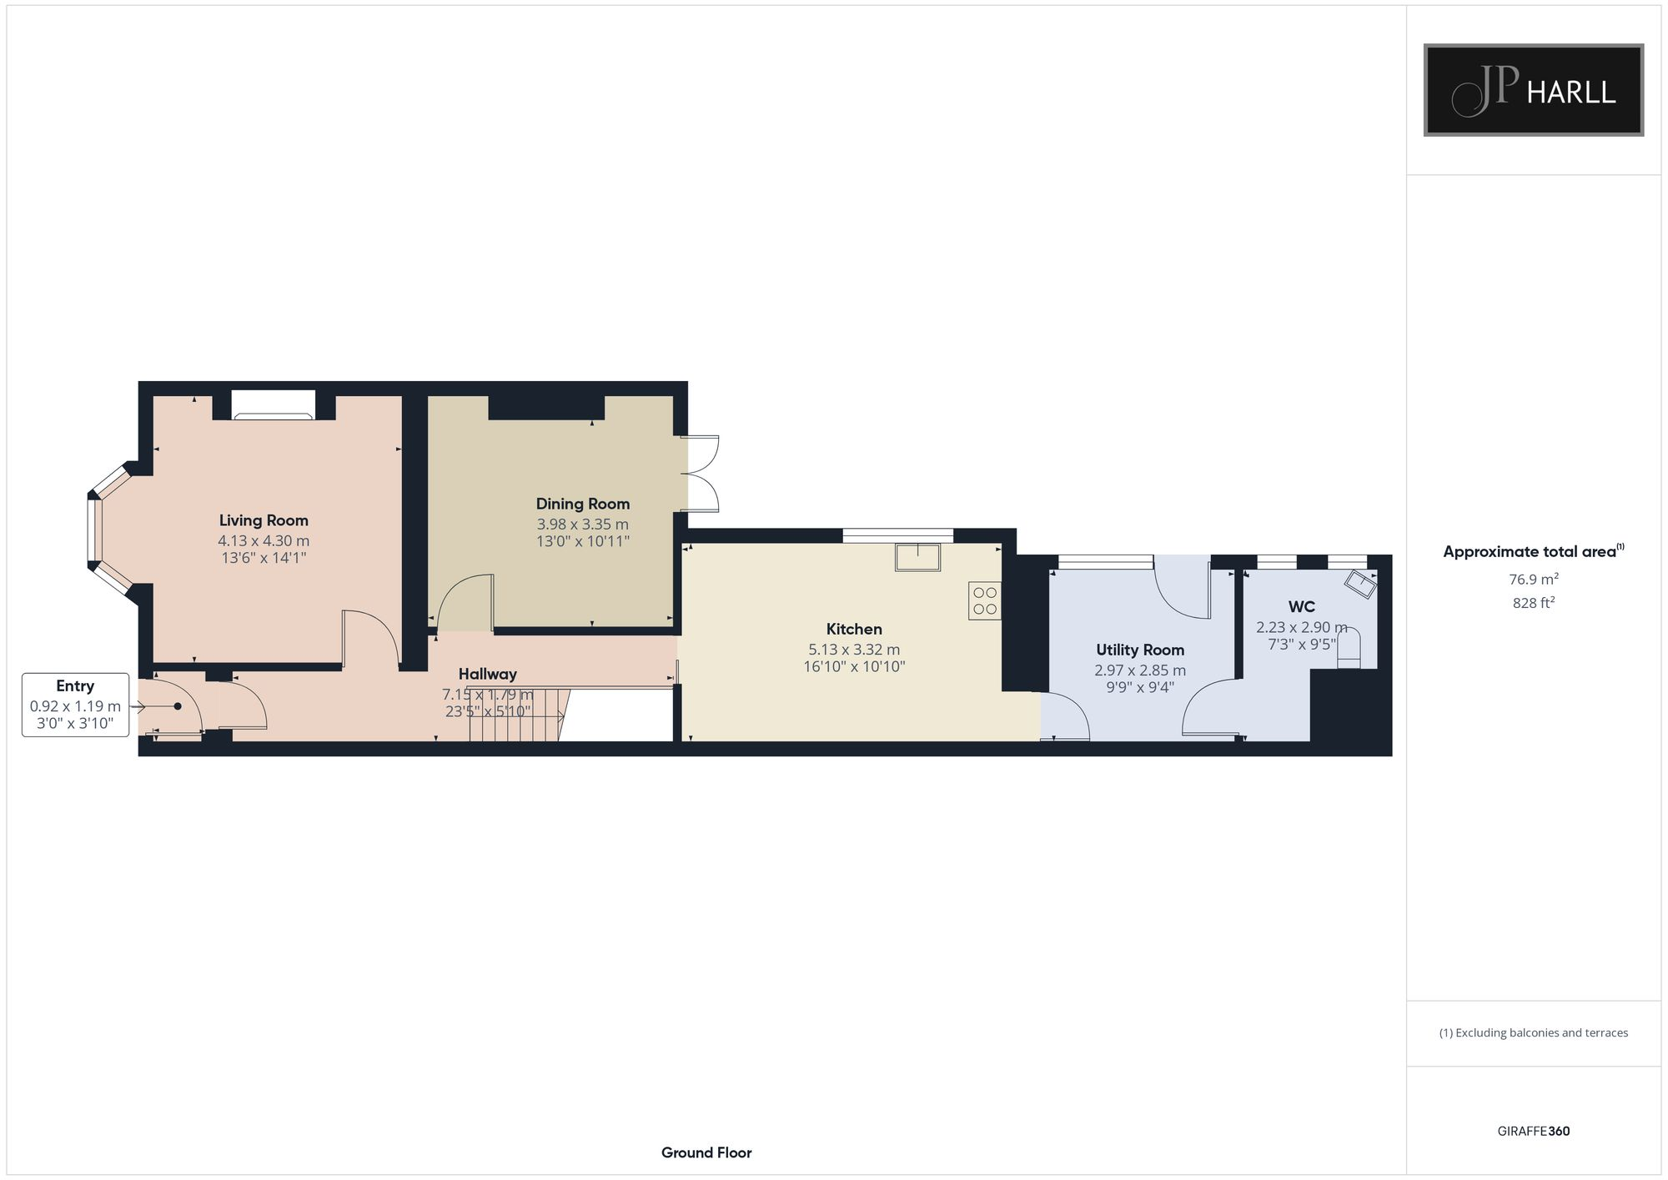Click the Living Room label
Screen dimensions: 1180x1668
click(x=264, y=520)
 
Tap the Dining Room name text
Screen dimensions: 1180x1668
click(x=582, y=504)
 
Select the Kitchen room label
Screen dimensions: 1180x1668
click(x=854, y=629)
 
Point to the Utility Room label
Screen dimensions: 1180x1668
click(x=1139, y=650)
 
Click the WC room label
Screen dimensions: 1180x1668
click(x=1301, y=606)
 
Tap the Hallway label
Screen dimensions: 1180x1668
click(x=487, y=674)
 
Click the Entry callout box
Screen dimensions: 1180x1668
click(x=75, y=705)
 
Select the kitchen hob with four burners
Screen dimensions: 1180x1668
click(x=985, y=601)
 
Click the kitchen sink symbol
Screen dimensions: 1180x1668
click(x=917, y=557)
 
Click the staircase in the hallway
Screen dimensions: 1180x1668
click(x=517, y=715)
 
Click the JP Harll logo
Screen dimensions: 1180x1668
click(x=1533, y=90)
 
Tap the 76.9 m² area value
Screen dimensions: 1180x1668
click(x=1534, y=579)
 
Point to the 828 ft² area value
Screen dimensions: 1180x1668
click(x=1534, y=603)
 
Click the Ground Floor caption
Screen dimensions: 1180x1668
click(x=706, y=1152)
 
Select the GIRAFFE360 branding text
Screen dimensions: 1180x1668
click(x=1533, y=1132)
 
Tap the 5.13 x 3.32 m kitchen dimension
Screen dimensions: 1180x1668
click(x=854, y=650)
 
